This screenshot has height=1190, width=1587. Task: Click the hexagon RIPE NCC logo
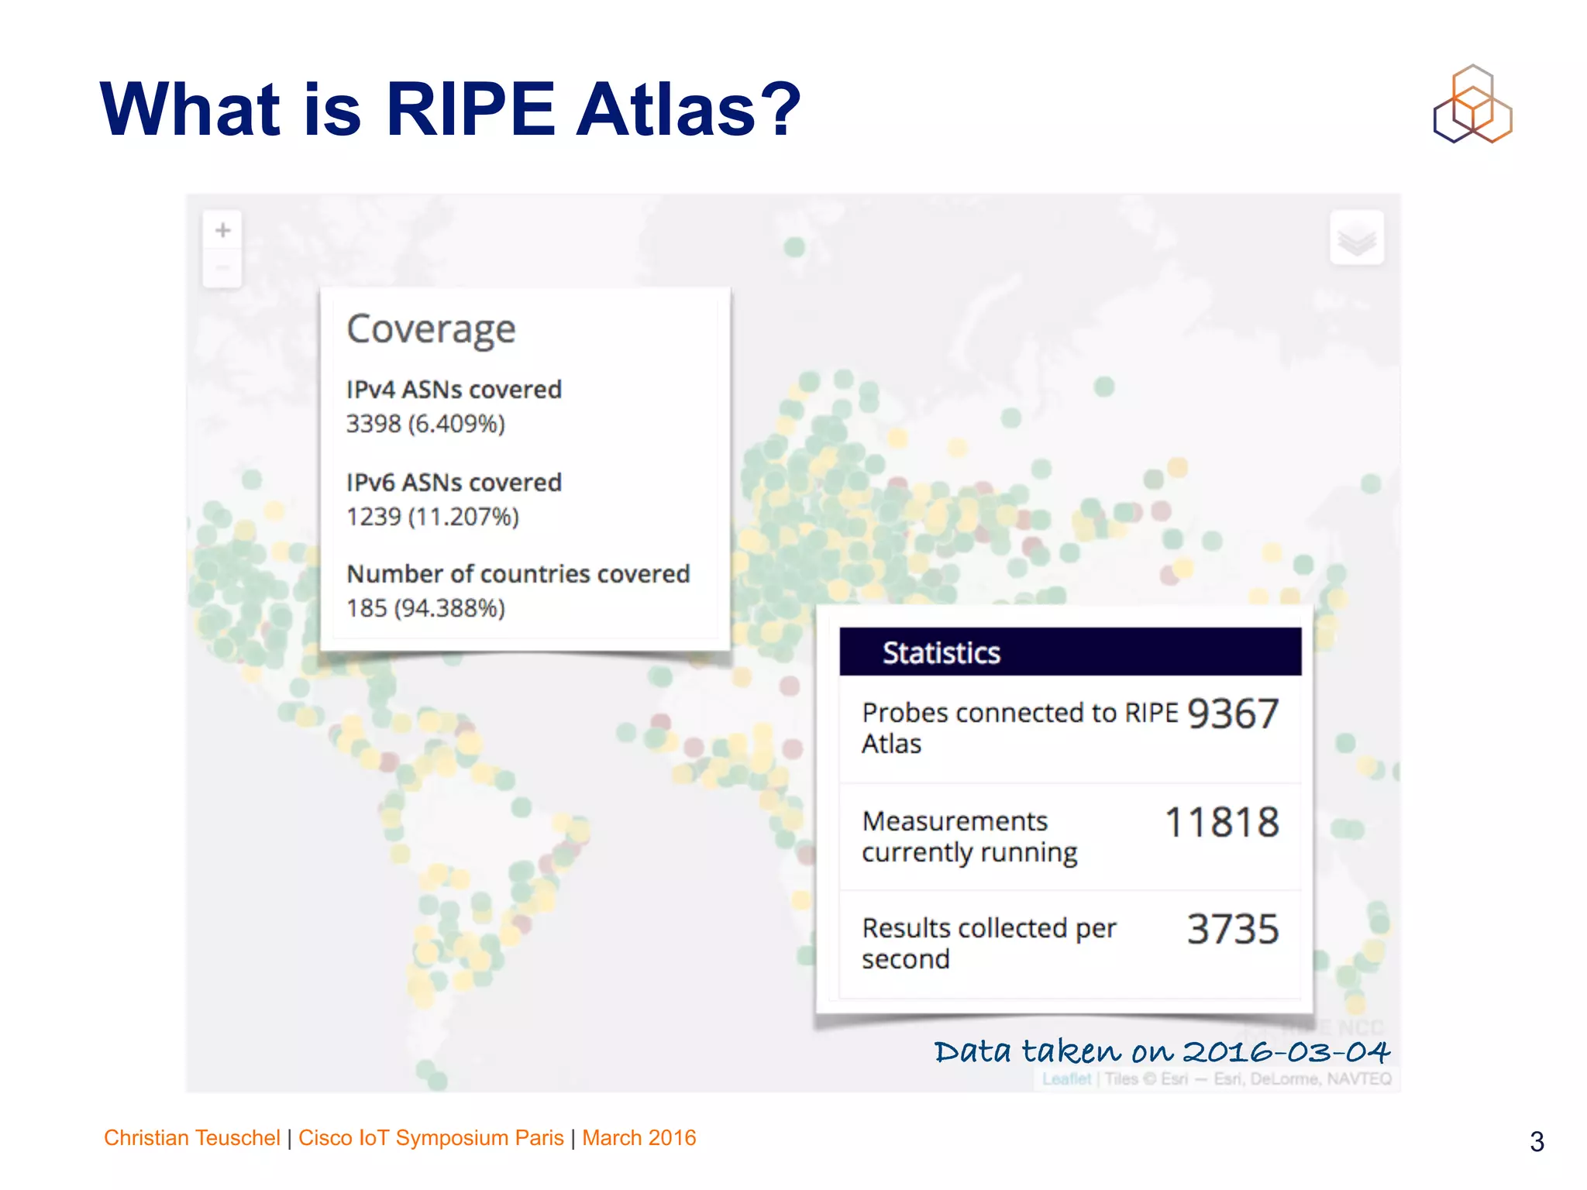click(1472, 105)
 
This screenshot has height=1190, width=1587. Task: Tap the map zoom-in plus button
click(222, 230)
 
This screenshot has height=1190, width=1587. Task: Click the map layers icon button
click(1356, 238)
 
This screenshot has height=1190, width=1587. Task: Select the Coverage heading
click(431, 329)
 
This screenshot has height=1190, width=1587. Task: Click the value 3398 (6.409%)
click(425, 424)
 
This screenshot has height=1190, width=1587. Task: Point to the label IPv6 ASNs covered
click(453, 482)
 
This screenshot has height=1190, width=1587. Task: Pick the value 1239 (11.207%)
click(432, 516)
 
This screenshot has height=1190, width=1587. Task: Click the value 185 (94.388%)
click(425, 608)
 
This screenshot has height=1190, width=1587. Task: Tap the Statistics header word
click(941, 652)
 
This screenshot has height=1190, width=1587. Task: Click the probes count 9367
click(1232, 714)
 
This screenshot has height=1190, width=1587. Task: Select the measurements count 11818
click(1221, 822)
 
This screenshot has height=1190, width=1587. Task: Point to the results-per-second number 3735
click(1232, 929)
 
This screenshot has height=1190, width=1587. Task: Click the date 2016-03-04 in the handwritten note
click(1286, 1051)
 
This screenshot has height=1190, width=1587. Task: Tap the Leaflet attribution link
click(1066, 1078)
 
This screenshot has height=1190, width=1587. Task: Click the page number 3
click(1537, 1141)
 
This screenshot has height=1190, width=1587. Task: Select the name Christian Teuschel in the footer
click(191, 1137)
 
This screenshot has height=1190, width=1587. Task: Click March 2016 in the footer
click(639, 1137)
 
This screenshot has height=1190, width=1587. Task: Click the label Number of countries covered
click(518, 573)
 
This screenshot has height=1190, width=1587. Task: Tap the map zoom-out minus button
click(222, 268)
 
